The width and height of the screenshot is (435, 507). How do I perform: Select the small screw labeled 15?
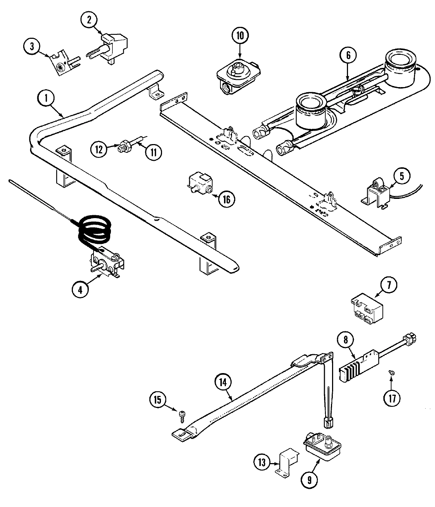[181, 414]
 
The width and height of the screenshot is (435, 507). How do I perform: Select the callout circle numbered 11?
[153, 152]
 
